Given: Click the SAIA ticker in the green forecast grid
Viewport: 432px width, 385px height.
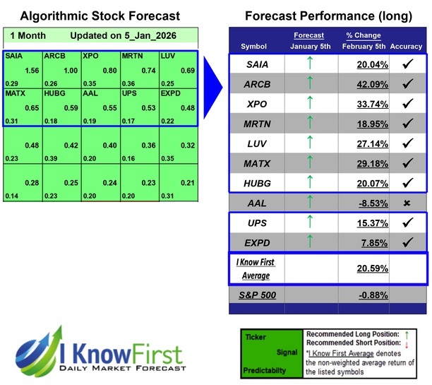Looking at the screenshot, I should point(13,54).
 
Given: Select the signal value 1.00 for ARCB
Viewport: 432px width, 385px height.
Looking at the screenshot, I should point(70,70).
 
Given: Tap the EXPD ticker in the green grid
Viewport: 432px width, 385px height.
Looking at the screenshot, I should point(170,93).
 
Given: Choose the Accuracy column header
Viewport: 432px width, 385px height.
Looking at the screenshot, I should point(406,47).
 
